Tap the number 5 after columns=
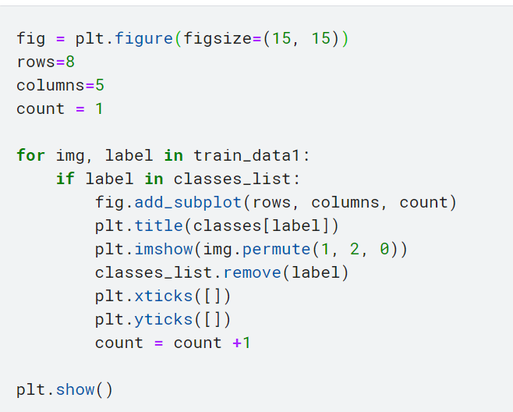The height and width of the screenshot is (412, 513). tap(100, 85)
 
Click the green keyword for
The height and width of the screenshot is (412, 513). tap(30, 155)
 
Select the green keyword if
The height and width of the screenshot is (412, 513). tap(65, 179)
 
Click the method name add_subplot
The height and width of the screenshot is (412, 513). tap(188, 202)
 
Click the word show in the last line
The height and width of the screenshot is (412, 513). tap(76, 389)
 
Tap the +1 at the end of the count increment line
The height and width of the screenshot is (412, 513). tap(242, 343)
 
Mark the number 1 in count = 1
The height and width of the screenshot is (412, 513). tap(99, 108)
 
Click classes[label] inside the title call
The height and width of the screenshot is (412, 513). tap(261, 226)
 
